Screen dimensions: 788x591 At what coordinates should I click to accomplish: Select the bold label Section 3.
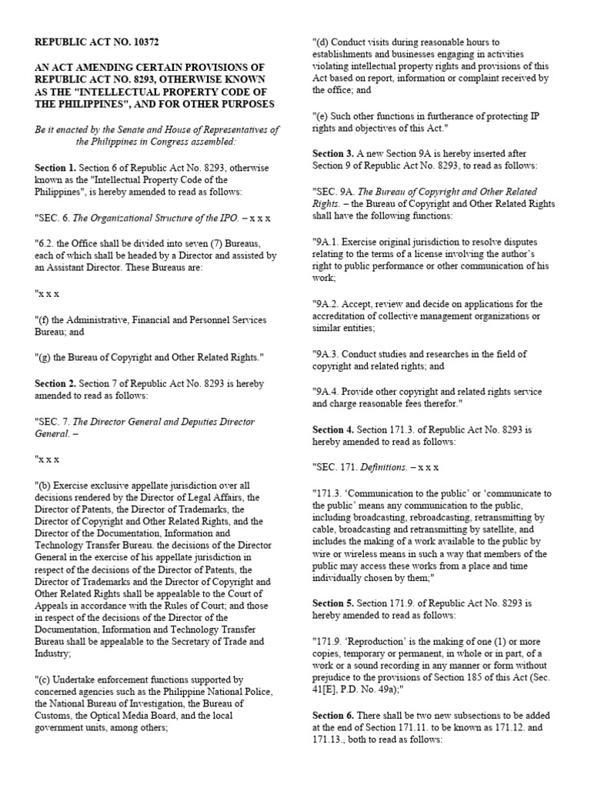click(x=332, y=153)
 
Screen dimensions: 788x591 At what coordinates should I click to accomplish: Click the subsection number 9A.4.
click(x=329, y=390)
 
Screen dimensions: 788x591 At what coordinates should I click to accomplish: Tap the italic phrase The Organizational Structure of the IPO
click(x=155, y=218)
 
